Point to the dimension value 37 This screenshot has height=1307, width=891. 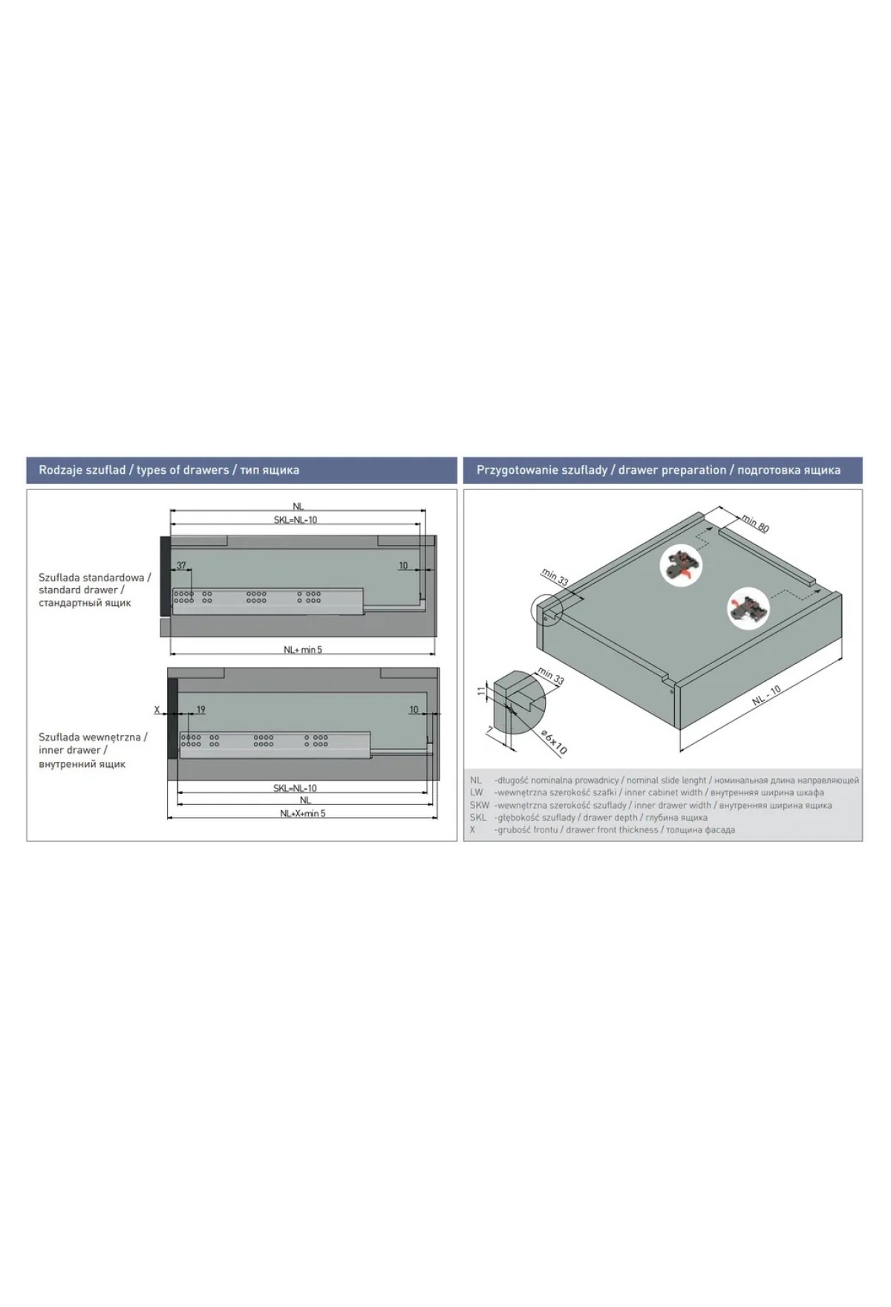tap(181, 566)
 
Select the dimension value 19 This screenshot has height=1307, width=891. tap(200, 710)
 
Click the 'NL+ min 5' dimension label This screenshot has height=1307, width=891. tap(303, 650)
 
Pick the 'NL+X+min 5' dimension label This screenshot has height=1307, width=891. tap(303, 813)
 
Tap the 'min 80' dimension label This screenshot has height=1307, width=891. tap(756, 523)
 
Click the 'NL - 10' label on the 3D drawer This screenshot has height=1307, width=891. tap(766, 696)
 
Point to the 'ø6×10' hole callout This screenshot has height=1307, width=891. tap(554, 742)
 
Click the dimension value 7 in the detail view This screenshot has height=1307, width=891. tap(490, 731)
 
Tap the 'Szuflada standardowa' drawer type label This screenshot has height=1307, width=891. tap(95, 577)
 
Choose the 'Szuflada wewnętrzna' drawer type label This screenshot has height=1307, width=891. tap(93, 737)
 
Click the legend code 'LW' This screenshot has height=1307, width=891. tap(476, 792)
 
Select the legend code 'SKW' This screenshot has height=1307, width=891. tap(480, 805)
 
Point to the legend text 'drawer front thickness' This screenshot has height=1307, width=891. tap(613, 830)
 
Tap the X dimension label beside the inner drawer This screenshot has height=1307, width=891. tap(157, 710)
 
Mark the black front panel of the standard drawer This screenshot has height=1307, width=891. tap(165, 576)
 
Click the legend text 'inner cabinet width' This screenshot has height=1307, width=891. tap(663, 792)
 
